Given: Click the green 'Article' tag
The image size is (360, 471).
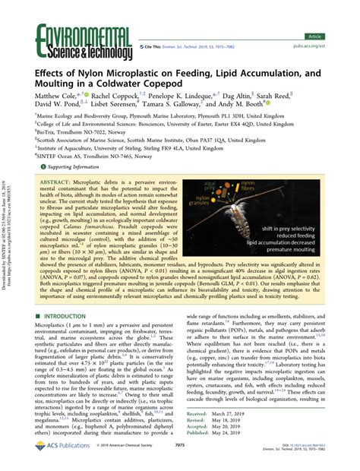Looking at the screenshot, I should point(333,14).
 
